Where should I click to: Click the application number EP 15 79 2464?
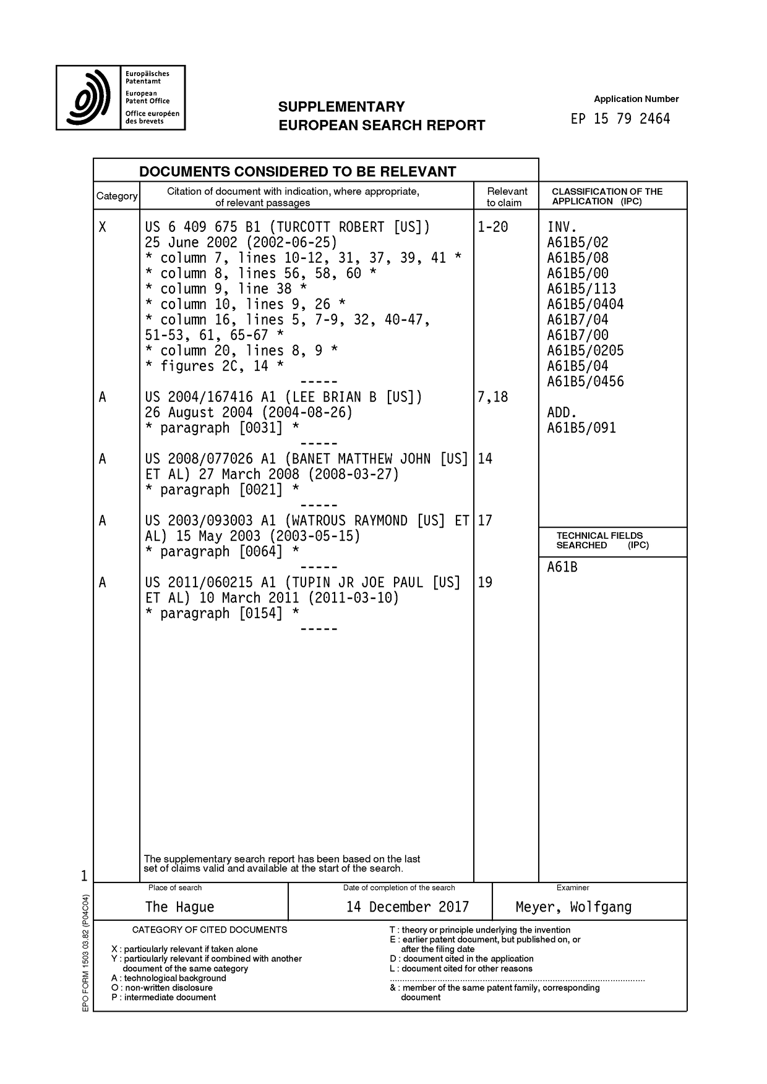pos(620,119)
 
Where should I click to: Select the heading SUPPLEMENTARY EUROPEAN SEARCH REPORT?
pos(381,116)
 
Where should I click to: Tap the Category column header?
pos(116,196)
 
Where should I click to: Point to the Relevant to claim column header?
pos(507,197)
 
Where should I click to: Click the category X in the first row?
pos(103,227)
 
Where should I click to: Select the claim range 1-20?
pos(492,227)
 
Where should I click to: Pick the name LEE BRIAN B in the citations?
pos(334,397)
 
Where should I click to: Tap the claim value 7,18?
pos(492,397)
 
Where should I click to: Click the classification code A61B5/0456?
pos(585,381)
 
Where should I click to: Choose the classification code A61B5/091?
pos(581,428)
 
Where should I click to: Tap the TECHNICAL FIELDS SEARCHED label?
pos(599,540)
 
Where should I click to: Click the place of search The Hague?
pos(179,907)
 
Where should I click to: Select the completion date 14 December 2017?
pos(408,907)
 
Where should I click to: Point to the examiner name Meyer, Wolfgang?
pos(573,907)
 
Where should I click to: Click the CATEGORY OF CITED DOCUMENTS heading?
pos(210,929)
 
